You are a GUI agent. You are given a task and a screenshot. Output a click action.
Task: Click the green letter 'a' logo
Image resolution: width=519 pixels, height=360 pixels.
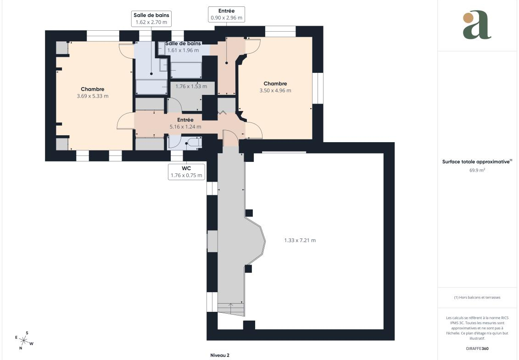pyautogui.click(x=477, y=25)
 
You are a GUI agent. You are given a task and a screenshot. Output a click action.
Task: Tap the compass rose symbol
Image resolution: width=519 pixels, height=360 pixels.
pyautogui.click(x=23, y=340)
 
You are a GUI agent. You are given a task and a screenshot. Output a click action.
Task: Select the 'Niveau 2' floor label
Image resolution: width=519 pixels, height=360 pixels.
pyautogui.click(x=220, y=355)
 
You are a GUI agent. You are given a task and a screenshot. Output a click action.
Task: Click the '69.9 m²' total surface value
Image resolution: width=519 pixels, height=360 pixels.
pyautogui.click(x=477, y=170)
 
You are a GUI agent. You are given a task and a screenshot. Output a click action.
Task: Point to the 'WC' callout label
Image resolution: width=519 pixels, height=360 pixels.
pyautogui.click(x=186, y=168)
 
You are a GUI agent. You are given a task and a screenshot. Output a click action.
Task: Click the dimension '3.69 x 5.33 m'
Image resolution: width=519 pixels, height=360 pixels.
pyautogui.click(x=93, y=96)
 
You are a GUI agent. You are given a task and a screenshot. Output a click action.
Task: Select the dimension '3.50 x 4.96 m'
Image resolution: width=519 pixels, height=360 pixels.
pyautogui.click(x=275, y=90)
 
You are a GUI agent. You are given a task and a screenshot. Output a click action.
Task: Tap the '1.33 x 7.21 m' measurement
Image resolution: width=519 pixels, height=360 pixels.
pyautogui.click(x=300, y=240)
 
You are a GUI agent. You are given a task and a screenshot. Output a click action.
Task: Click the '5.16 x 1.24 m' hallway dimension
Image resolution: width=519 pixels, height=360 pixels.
pyautogui.click(x=185, y=127)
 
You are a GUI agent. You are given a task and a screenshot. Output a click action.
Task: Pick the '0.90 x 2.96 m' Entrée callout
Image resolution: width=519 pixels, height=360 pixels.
pyautogui.click(x=226, y=17)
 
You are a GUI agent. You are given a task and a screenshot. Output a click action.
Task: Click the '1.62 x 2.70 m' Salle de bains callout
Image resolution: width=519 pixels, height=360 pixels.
pyautogui.click(x=151, y=22)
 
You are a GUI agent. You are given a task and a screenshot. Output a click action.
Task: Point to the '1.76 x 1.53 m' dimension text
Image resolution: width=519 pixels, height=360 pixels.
pyautogui.click(x=191, y=86)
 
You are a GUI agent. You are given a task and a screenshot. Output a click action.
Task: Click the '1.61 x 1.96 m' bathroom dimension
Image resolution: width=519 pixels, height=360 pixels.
pyautogui.click(x=183, y=50)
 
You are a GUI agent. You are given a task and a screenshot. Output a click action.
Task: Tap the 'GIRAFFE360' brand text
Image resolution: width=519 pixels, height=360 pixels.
pyautogui.click(x=477, y=349)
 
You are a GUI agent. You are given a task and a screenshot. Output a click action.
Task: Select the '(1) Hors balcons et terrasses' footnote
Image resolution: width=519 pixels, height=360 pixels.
pyautogui.click(x=477, y=298)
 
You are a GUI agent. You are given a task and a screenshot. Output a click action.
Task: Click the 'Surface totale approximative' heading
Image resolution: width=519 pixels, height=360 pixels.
pyautogui.click(x=476, y=162)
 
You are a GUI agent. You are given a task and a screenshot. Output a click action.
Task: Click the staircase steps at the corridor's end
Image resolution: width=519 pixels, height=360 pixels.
pyautogui.click(x=231, y=309)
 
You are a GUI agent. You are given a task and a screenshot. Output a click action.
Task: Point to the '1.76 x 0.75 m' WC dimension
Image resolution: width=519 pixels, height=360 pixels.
pyautogui.click(x=186, y=175)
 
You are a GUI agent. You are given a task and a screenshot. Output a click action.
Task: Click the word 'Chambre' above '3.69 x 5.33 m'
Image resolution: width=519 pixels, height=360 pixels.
pyautogui.click(x=93, y=89)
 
